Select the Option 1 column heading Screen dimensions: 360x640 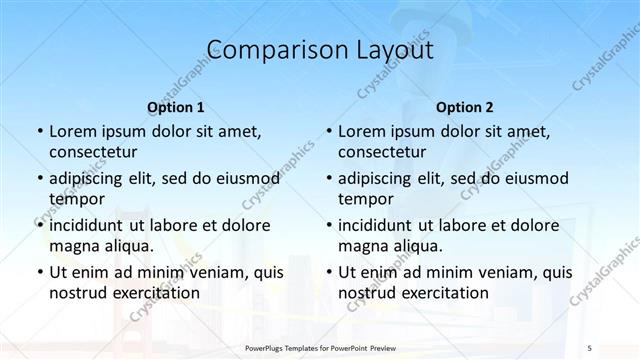coord(176,107)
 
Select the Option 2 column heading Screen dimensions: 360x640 coord(465,107)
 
